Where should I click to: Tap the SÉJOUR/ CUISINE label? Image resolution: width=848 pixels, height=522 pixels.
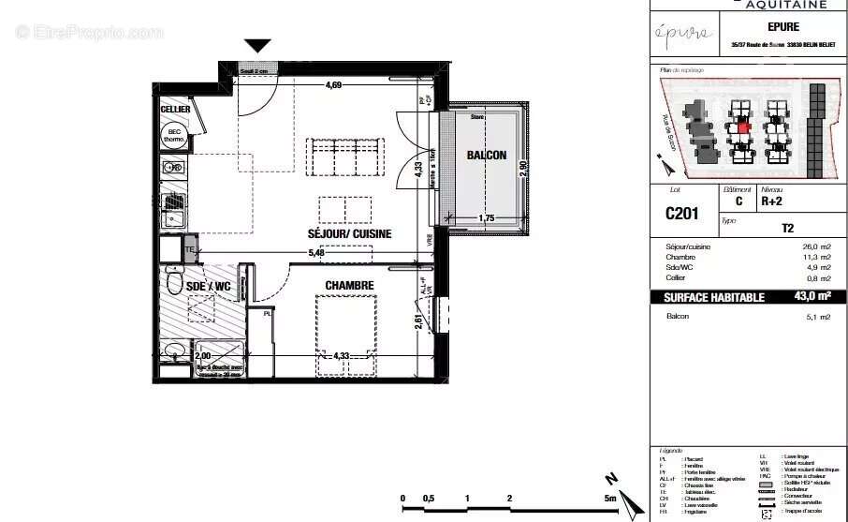click(x=349, y=233)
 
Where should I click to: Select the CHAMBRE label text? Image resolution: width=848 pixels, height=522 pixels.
click(x=349, y=286)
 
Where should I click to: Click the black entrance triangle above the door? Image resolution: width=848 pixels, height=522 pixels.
click(x=257, y=46)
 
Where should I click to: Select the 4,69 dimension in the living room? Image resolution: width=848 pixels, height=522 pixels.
click(x=333, y=86)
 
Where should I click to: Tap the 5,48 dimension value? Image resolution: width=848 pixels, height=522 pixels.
click(x=318, y=252)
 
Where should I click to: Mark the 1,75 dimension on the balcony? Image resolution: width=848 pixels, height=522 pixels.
click(x=486, y=218)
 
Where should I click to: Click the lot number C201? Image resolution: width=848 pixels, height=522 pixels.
click(x=682, y=214)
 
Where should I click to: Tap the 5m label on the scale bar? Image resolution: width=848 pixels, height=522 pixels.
click(x=610, y=499)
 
